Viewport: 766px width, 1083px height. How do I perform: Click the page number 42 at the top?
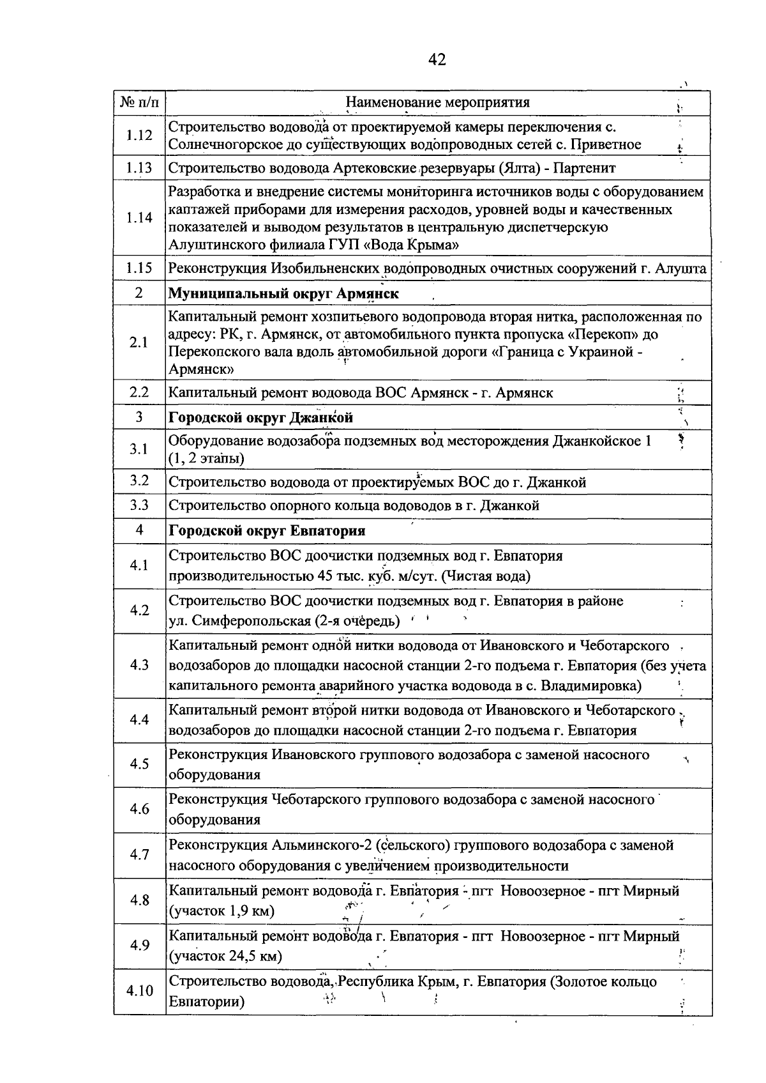coord(437,60)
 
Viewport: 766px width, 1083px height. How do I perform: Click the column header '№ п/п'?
coord(139,102)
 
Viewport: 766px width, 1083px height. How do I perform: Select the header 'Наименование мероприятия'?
coord(437,102)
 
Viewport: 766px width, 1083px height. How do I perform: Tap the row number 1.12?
coord(139,135)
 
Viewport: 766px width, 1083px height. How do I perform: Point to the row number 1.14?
coord(139,217)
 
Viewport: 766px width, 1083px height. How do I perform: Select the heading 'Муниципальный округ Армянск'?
coord(283,293)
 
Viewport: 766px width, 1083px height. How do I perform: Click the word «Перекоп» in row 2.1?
coord(605,334)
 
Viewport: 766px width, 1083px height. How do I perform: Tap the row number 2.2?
coord(139,392)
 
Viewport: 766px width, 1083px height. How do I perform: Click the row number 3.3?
coord(139,505)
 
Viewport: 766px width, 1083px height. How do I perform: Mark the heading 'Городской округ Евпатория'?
coord(266,531)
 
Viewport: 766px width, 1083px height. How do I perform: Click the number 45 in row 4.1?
coord(325,576)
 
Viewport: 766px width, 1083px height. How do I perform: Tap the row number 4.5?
coord(139,764)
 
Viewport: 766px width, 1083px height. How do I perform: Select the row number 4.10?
coord(139,990)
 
